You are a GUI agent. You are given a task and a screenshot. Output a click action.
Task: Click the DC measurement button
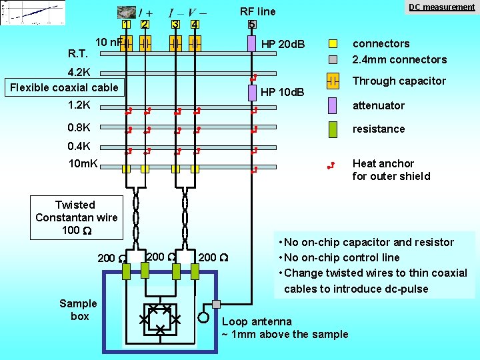click(441, 7)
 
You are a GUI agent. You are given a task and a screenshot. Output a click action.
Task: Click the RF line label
click(257, 11)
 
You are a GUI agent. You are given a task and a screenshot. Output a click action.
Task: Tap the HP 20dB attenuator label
click(283, 44)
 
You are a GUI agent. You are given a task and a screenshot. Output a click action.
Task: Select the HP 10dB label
click(283, 91)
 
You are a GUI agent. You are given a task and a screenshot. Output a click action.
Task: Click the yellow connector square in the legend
click(334, 44)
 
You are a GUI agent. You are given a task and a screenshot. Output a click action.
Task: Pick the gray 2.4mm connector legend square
click(334, 59)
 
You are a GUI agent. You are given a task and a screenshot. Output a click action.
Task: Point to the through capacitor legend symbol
click(334, 81)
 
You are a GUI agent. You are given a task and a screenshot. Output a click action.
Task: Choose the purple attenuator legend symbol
click(334, 105)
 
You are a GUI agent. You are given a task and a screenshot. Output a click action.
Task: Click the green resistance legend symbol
click(334, 129)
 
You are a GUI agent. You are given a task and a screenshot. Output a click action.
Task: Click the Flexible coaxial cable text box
click(64, 87)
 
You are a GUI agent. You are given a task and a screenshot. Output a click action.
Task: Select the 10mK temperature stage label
click(83, 164)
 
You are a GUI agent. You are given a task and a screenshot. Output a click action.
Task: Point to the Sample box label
click(79, 309)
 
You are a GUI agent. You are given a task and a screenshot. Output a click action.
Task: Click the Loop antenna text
click(257, 321)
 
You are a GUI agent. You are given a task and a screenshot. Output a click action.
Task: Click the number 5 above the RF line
click(251, 25)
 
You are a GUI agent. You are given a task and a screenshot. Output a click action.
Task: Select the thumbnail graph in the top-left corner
click(23, 13)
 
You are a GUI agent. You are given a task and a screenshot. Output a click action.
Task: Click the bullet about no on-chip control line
click(342, 257)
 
